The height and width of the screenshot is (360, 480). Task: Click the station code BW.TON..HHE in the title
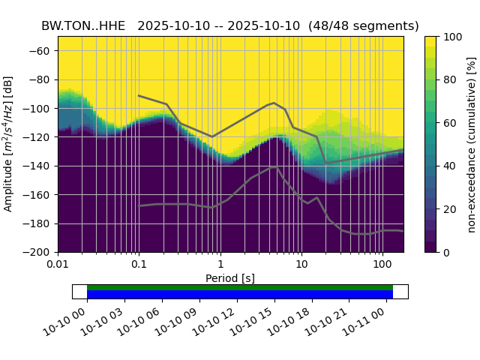(83, 25)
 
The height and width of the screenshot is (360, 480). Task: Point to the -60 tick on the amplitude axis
(43, 51)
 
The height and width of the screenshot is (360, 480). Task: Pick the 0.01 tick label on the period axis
(58, 264)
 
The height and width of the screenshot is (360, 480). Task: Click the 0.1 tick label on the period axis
(139, 264)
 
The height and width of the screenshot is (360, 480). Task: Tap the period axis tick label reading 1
(220, 264)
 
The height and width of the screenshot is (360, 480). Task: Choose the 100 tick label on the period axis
(382, 264)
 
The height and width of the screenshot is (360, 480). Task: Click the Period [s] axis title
(230, 278)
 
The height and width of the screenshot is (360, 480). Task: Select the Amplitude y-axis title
(9, 144)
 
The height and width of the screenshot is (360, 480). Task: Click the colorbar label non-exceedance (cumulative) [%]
(471, 144)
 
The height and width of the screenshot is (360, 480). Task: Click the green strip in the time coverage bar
(240, 287)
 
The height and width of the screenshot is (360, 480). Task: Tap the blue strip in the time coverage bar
(240, 295)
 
